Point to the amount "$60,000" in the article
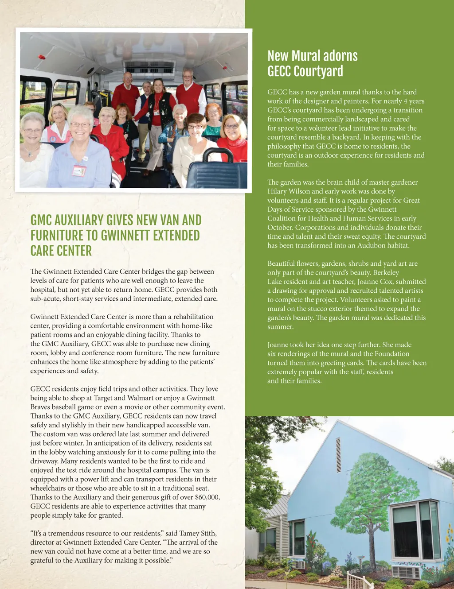(x=207, y=497)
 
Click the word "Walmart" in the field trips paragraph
(x=141, y=398)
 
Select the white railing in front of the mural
(x=359, y=580)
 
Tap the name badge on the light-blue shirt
(x=79, y=170)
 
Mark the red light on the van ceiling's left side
(x=42, y=57)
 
